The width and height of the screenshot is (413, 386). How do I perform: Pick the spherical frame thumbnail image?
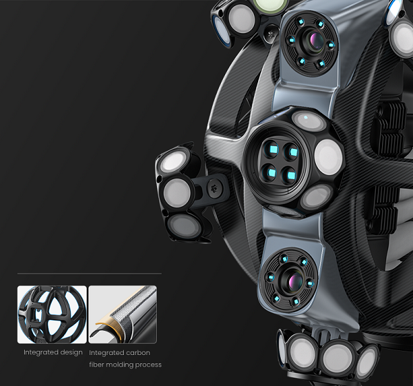(x=52, y=314)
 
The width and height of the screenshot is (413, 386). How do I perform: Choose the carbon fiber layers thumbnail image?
(x=123, y=314)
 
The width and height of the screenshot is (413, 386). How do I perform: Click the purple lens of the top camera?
(x=315, y=39)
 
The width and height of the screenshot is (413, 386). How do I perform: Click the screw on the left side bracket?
(x=213, y=188)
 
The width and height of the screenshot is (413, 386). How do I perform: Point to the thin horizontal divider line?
(x=89, y=274)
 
